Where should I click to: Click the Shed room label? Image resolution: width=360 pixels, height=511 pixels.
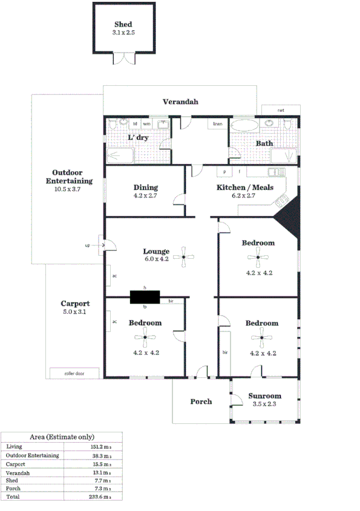(x=123, y=24)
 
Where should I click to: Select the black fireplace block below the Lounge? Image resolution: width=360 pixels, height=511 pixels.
(x=145, y=297)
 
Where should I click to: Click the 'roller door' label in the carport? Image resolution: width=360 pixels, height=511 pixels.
(x=74, y=374)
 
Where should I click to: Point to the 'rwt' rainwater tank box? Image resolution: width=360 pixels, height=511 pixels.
(x=281, y=110)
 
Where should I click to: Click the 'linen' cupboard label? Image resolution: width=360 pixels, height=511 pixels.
(x=217, y=125)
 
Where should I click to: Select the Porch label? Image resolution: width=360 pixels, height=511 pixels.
(x=201, y=401)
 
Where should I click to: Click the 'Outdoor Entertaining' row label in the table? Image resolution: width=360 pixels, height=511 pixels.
(x=32, y=455)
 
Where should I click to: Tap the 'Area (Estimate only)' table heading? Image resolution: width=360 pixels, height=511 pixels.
(x=62, y=437)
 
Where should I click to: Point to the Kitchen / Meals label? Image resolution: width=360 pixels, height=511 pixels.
(x=245, y=187)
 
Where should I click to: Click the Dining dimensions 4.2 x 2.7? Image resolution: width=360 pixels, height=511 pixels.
(x=145, y=196)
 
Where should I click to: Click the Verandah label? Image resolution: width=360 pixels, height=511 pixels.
(x=180, y=102)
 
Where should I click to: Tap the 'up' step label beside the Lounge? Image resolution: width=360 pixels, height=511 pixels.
(x=87, y=246)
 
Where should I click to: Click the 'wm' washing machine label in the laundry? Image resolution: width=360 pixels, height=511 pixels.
(x=146, y=124)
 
